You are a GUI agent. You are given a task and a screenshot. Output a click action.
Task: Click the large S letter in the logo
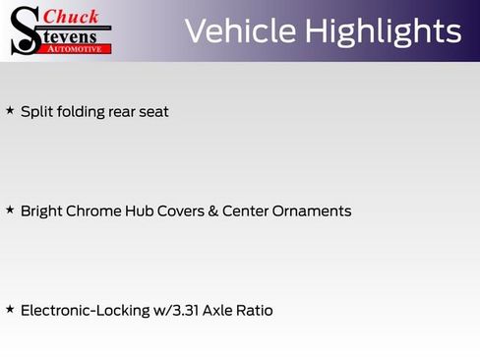click(x=24, y=30)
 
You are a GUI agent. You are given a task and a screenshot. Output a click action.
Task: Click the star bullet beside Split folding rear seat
click(x=10, y=110)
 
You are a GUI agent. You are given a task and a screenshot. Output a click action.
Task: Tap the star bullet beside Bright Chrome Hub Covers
click(x=10, y=210)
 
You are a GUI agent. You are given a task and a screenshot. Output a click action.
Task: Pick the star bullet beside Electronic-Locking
click(x=10, y=309)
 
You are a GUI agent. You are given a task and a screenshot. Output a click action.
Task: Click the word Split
click(x=35, y=111)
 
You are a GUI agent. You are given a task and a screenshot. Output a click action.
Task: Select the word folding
click(x=77, y=111)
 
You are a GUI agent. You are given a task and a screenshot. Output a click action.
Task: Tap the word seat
click(x=152, y=111)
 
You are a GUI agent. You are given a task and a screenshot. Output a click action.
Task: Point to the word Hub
click(x=137, y=210)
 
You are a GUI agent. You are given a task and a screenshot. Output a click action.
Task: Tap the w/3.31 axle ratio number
click(x=178, y=310)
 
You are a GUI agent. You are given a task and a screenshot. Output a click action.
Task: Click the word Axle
click(x=222, y=310)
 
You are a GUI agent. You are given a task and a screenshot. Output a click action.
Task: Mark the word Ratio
click(x=257, y=310)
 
